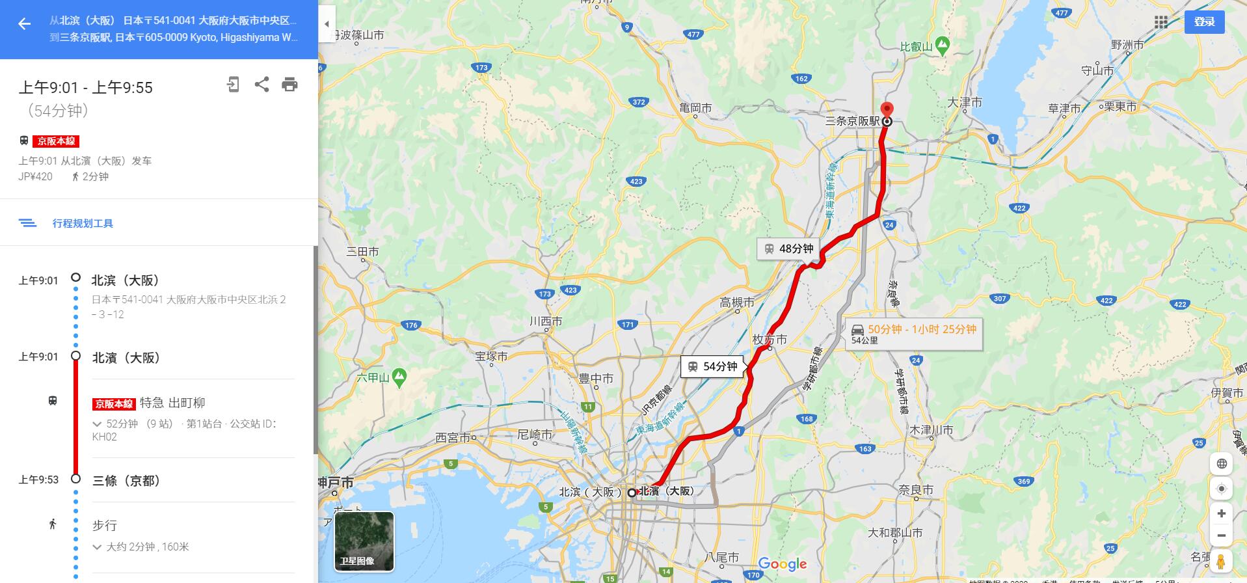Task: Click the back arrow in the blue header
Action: point(24,25)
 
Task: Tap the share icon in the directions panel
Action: point(261,85)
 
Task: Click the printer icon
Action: point(289,85)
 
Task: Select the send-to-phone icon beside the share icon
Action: point(233,85)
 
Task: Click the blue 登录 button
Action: point(1204,22)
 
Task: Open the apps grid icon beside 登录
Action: point(1161,23)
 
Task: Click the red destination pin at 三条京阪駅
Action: point(887,110)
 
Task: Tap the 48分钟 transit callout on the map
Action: point(788,249)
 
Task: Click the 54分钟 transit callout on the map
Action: point(713,367)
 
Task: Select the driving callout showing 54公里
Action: point(913,334)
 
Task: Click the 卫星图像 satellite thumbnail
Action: point(364,541)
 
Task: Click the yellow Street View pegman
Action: point(1221,562)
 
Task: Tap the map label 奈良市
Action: point(915,490)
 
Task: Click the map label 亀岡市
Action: point(695,108)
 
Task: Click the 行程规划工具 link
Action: point(83,223)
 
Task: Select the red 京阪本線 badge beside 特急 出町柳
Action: point(114,404)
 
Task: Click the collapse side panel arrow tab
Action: point(327,24)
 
